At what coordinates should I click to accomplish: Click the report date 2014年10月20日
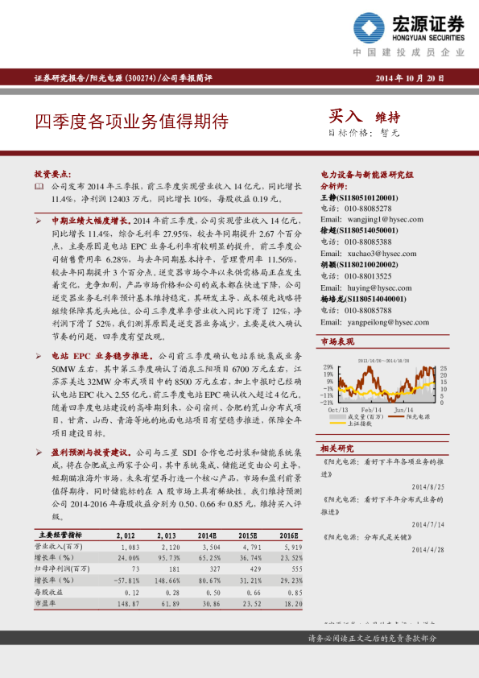click(411, 78)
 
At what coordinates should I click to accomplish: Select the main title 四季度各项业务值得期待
click(131, 122)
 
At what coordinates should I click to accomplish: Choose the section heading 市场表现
click(337, 342)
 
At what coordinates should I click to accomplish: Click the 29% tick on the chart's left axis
click(328, 366)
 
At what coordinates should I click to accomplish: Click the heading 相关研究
click(337, 447)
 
